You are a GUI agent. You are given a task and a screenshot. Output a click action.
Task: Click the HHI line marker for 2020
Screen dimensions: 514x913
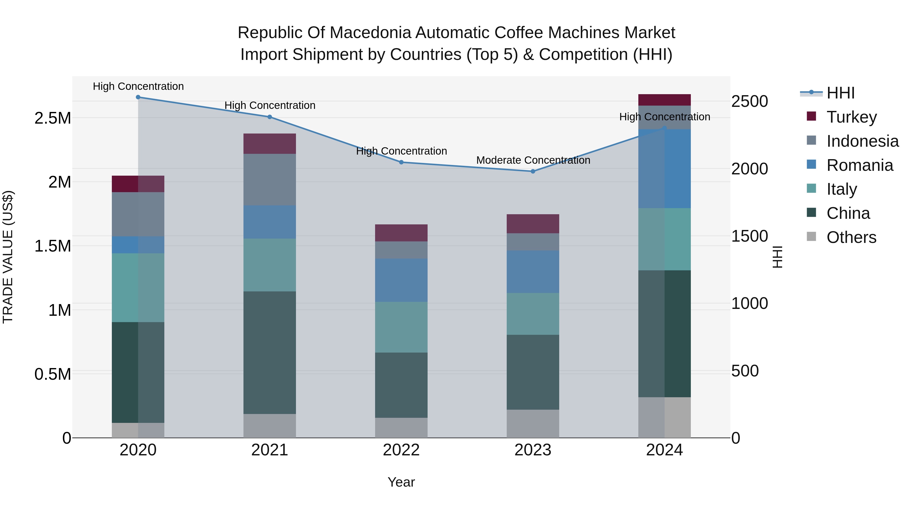pyautogui.click(x=138, y=97)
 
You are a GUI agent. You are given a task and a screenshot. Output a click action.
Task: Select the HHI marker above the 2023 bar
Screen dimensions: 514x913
pyautogui.click(x=533, y=171)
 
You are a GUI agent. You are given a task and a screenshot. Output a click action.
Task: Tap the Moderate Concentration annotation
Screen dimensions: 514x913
pyautogui.click(x=533, y=160)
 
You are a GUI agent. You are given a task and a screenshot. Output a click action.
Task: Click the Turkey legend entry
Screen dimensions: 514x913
pyautogui.click(x=851, y=117)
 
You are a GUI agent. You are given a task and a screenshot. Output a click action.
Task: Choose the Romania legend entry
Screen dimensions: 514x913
pyautogui.click(x=859, y=165)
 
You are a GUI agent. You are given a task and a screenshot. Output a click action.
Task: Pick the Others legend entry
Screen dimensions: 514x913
pyautogui.click(x=851, y=237)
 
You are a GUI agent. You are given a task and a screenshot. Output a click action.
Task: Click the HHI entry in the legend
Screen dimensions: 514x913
pyautogui.click(x=840, y=93)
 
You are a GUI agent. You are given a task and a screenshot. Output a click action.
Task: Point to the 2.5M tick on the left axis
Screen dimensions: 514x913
pyautogui.click(x=53, y=118)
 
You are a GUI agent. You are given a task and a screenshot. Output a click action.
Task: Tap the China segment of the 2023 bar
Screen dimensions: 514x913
pyautogui.click(x=533, y=372)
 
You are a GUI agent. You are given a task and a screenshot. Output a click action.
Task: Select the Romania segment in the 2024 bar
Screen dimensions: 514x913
pyautogui.click(x=664, y=169)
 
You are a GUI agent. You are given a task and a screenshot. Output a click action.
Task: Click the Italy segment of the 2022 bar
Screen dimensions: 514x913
pyautogui.click(x=401, y=327)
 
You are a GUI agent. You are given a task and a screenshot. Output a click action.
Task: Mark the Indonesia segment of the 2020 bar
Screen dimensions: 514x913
pyautogui.click(x=138, y=214)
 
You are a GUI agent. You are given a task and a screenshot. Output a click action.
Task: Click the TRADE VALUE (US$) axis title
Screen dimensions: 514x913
pyautogui.click(x=8, y=257)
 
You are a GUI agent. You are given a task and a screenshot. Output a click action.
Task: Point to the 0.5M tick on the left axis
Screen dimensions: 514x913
pyautogui.click(x=53, y=374)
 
